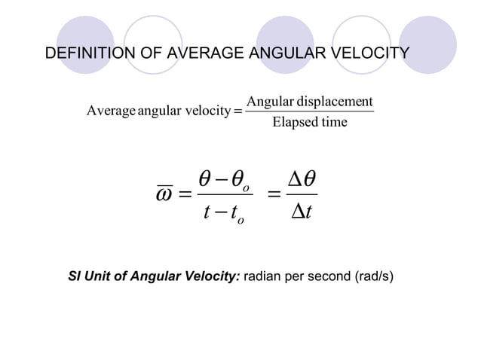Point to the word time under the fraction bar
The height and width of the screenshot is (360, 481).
(x=333, y=122)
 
